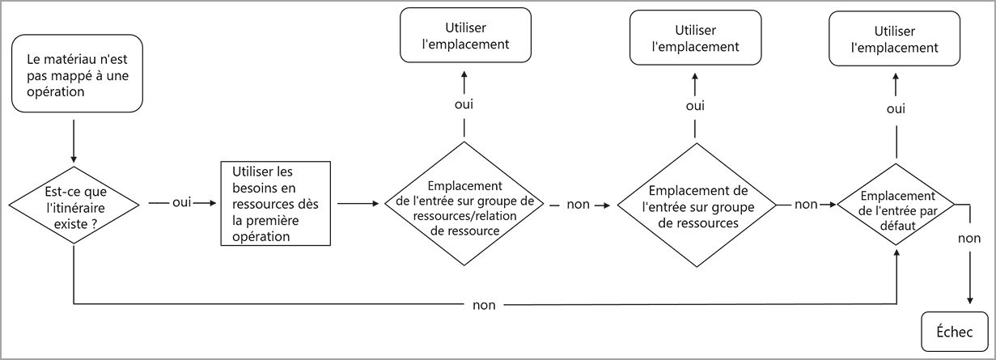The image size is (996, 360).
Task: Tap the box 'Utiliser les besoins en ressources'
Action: pos(276,203)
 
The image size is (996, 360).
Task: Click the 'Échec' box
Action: pos(955,331)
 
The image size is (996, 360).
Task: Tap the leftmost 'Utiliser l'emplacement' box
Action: pos(465,35)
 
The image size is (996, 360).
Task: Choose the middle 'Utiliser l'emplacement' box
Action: pos(695,37)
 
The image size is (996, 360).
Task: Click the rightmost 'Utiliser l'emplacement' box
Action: pos(895,39)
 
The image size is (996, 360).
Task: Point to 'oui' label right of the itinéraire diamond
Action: pos(181,202)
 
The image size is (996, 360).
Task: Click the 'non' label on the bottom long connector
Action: pos(485,305)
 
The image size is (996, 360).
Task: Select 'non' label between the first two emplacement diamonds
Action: pos(578,205)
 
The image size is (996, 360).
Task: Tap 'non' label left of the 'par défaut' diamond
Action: pos(806,205)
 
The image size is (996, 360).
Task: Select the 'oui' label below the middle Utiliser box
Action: pos(694,106)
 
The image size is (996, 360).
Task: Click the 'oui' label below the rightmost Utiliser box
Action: pos(895,108)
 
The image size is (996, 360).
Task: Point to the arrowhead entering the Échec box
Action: pos(968,302)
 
